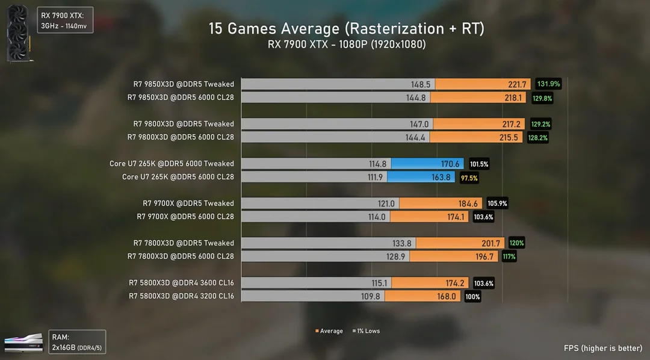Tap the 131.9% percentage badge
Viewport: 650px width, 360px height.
click(549, 84)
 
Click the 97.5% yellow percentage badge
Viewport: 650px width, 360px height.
click(469, 177)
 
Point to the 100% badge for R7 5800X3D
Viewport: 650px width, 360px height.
click(472, 296)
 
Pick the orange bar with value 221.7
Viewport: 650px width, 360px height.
click(481, 84)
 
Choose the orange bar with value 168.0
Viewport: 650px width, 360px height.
click(422, 296)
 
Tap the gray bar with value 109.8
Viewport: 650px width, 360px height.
click(313, 296)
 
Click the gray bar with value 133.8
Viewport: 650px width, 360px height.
click(328, 243)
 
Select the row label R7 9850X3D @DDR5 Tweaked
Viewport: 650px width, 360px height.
click(184, 84)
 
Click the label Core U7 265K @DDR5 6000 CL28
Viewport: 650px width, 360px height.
click(178, 177)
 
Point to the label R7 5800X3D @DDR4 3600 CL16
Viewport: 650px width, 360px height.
click(181, 283)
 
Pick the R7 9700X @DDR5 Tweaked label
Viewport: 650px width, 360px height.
click(188, 203)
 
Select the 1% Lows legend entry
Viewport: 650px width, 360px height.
click(366, 331)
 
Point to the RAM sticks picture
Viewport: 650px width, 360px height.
click(23, 343)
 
